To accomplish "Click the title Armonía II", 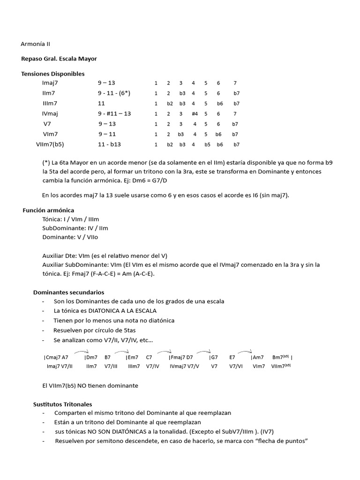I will click(35, 44).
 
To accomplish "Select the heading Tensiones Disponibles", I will click(53, 74).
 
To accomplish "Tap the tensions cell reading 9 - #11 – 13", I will click(114, 113).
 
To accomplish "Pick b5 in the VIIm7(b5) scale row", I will click(207, 145).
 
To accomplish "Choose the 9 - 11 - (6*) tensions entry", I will click(114, 93).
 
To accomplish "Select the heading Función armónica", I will click(48, 210).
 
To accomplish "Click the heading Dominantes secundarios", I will click(68, 292).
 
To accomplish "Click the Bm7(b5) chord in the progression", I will click(281, 357).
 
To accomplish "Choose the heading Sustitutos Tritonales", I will click(62, 404).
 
